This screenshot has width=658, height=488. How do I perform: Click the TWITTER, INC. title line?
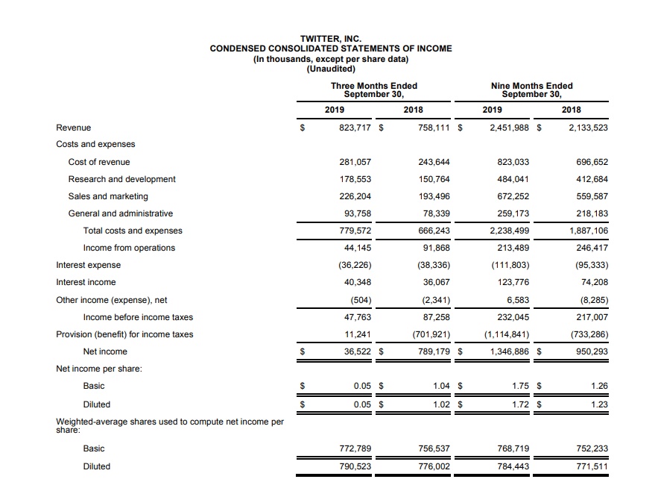tap(330, 38)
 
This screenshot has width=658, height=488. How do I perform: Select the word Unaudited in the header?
tap(331, 69)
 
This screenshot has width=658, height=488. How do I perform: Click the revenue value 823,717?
tap(354, 128)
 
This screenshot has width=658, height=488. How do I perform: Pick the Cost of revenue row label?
tap(99, 162)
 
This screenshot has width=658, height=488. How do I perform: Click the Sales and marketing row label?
tap(108, 196)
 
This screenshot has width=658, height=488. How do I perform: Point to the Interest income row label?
tap(86, 282)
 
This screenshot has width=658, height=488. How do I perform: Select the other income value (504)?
tap(360, 300)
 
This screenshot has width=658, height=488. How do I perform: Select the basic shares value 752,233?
tap(592, 448)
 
